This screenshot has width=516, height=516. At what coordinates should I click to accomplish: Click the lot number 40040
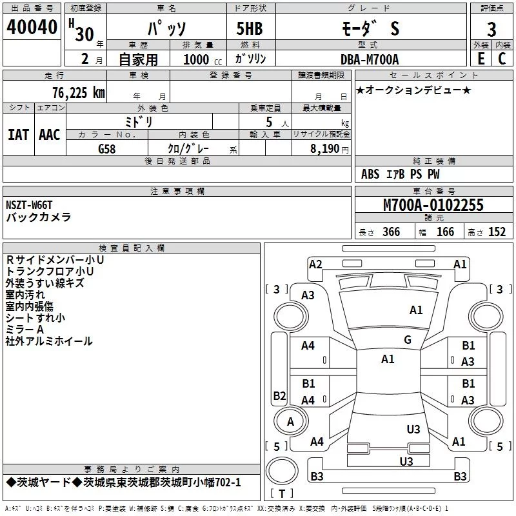(x=32, y=27)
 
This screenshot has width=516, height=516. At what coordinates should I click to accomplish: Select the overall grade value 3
(x=491, y=30)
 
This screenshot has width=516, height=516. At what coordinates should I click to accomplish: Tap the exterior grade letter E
(x=481, y=59)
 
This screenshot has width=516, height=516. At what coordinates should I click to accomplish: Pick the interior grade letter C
(x=502, y=59)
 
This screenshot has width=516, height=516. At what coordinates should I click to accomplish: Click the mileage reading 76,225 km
(x=79, y=93)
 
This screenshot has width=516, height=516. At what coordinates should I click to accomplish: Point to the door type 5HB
(x=250, y=28)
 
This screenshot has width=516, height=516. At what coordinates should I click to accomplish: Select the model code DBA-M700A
(x=370, y=59)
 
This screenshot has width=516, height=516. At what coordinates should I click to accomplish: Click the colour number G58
(x=107, y=149)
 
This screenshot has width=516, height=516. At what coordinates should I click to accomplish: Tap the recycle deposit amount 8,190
(x=324, y=149)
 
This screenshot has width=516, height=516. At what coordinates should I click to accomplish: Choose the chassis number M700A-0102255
(x=433, y=205)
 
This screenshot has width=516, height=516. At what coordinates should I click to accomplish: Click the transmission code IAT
(x=18, y=135)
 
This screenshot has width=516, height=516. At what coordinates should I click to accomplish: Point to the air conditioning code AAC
(x=50, y=135)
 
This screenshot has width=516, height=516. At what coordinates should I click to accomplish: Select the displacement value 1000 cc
(x=203, y=59)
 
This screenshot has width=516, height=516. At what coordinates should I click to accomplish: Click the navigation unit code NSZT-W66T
(x=29, y=205)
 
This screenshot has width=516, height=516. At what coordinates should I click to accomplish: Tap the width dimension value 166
(x=445, y=232)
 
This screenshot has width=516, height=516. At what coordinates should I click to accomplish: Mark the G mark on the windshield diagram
(x=408, y=340)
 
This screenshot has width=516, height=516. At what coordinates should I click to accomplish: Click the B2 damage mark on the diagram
(x=279, y=395)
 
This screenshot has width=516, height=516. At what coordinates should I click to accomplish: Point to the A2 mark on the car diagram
(x=315, y=264)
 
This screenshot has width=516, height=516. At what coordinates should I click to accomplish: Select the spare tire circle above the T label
(x=282, y=471)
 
